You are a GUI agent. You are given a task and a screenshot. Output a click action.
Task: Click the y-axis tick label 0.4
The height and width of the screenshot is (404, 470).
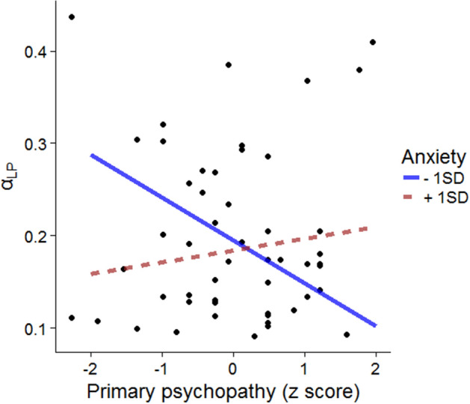pyautogui.click(x=40, y=52)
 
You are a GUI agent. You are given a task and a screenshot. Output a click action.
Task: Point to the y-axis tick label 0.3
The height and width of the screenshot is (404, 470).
pyautogui.click(x=40, y=144)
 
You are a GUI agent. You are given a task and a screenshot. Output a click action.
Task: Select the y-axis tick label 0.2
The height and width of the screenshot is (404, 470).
pyautogui.click(x=40, y=236)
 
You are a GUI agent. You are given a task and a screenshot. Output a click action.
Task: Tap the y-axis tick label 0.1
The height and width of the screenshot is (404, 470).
pyautogui.click(x=40, y=328)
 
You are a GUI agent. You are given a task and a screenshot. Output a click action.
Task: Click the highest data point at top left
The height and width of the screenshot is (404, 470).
pyautogui.click(x=72, y=16)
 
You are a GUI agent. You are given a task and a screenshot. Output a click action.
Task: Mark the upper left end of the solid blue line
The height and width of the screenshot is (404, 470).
pyautogui.click(x=91, y=155)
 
